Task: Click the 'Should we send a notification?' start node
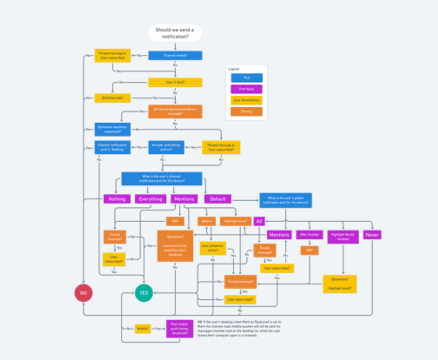point(175,33)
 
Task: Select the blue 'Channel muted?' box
point(175,56)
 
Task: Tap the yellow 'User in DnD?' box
point(175,82)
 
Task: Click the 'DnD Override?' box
point(112,98)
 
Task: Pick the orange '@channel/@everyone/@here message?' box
point(175,112)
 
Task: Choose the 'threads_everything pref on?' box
point(166,147)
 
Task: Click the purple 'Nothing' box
point(117,199)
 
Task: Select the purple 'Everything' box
point(151,199)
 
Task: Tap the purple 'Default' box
point(218,199)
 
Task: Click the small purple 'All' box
point(259,221)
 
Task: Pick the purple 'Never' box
point(372,235)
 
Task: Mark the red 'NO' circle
point(83,293)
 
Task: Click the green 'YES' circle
point(144,293)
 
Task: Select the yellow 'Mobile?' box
point(143,329)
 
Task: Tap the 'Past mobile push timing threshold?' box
point(179,329)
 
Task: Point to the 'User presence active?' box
point(213,248)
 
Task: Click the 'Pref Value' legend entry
point(246,89)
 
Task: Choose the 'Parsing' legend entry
point(246,111)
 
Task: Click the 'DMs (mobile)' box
point(309,235)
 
